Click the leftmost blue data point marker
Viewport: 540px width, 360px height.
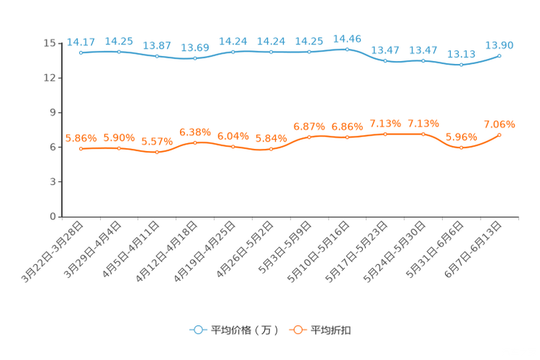click(81, 53)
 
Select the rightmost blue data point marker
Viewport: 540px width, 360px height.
click(499, 55)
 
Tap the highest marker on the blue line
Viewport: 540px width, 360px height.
click(347, 49)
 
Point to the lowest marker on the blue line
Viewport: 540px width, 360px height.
click(461, 65)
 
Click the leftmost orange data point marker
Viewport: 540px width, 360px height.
click(81, 149)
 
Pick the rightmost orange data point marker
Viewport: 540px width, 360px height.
click(499, 135)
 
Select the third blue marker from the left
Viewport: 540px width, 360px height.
click(157, 57)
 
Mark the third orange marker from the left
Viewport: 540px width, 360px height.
click(157, 152)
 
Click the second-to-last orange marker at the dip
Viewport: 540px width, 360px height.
click(461, 148)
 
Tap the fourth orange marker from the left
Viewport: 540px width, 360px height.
click(195, 142)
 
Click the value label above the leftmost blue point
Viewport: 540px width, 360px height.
click(81, 41)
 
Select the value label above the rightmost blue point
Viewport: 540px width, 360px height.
click(499, 45)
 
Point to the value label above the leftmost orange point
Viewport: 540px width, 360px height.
click(81, 138)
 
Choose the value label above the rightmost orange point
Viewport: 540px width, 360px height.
click(499, 123)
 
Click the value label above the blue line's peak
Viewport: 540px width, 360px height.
click(347, 38)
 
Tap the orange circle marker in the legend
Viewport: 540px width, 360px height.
click(297, 330)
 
